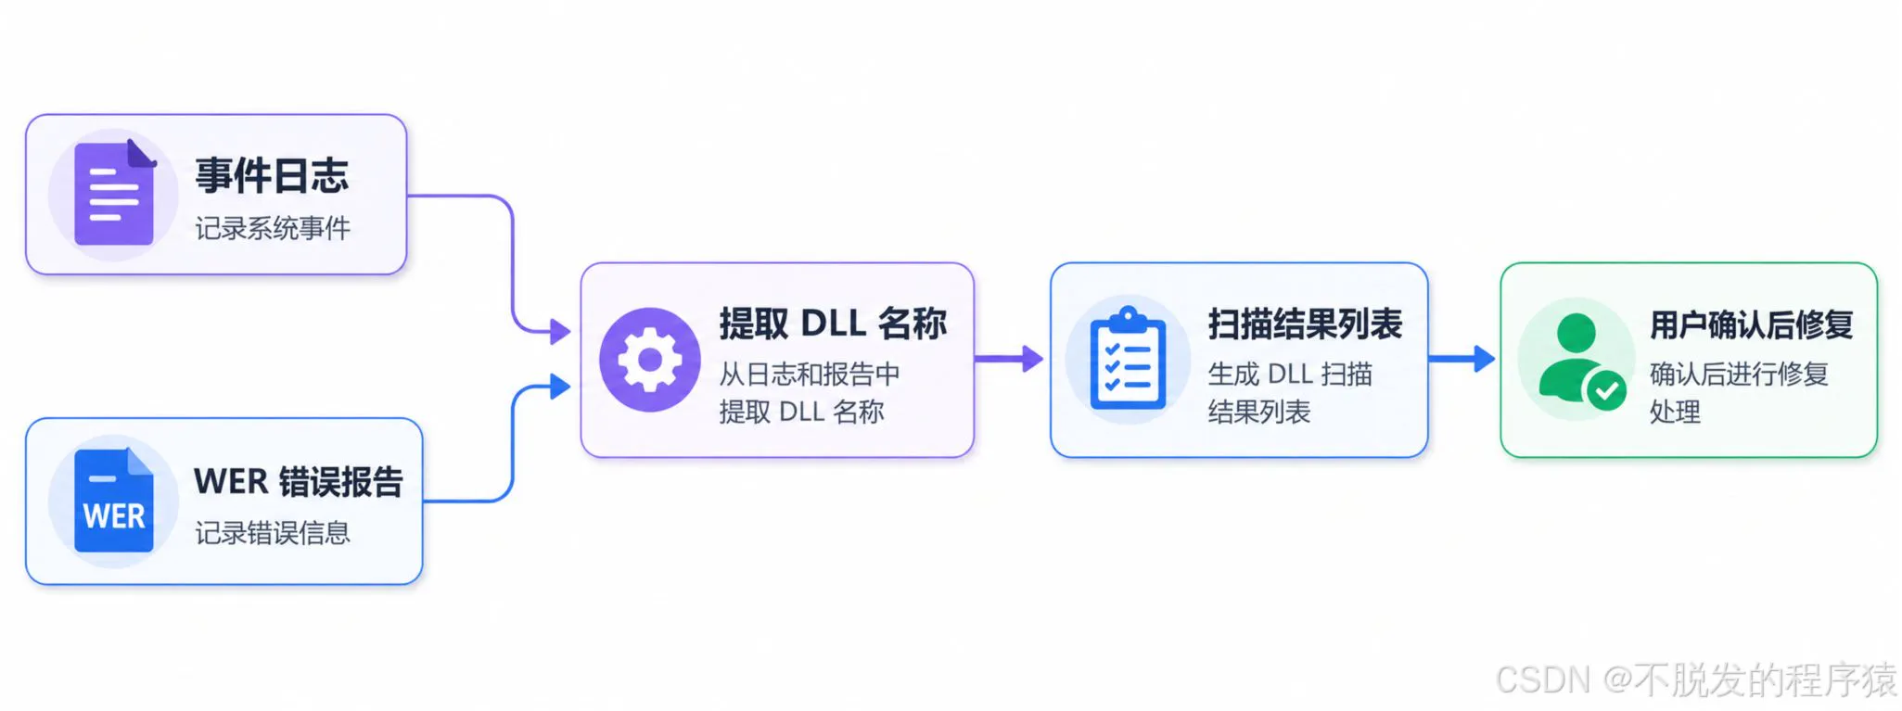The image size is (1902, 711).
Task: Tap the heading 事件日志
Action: click(272, 175)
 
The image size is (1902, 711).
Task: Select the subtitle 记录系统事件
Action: click(273, 228)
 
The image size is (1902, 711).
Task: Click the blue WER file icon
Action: click(114, 501)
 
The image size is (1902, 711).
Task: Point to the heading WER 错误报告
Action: click(299, 482)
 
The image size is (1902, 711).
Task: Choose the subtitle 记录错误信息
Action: click(273, 533)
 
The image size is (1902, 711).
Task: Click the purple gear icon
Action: click(649, 360)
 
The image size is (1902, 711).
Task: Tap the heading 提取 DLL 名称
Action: click(833, 324)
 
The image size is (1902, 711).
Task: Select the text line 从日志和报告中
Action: click(810, 374)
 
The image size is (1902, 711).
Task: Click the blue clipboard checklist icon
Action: click(1128, 359)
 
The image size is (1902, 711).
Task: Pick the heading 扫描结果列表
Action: click(1305, 324)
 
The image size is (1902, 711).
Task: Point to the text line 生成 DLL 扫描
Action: click(1290, 374)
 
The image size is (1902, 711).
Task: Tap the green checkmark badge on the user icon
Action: click(1606, 390)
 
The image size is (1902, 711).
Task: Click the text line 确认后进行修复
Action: click(1739, 374)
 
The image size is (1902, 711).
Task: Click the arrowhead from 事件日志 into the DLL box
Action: click(560, 331)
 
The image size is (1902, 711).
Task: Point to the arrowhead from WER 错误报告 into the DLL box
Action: click(560, 387)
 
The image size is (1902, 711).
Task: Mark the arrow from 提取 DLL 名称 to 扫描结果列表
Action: click(1009, 359)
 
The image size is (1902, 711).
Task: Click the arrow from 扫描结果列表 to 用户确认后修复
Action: click(1462, 359)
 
